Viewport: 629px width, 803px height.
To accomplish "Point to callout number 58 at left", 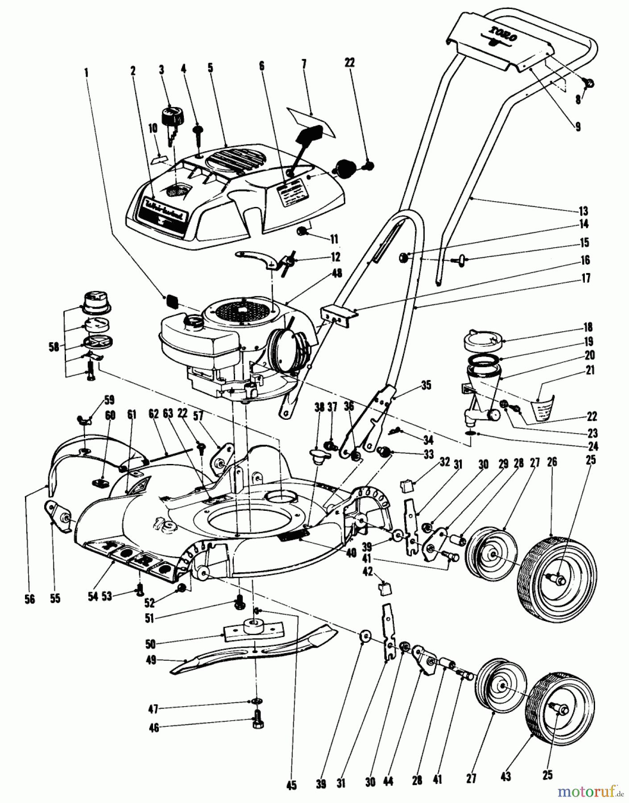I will click(54, 346).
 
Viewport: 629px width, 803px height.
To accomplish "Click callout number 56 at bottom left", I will click(29, 599).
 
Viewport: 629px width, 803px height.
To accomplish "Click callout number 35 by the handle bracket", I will click(426, 385).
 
